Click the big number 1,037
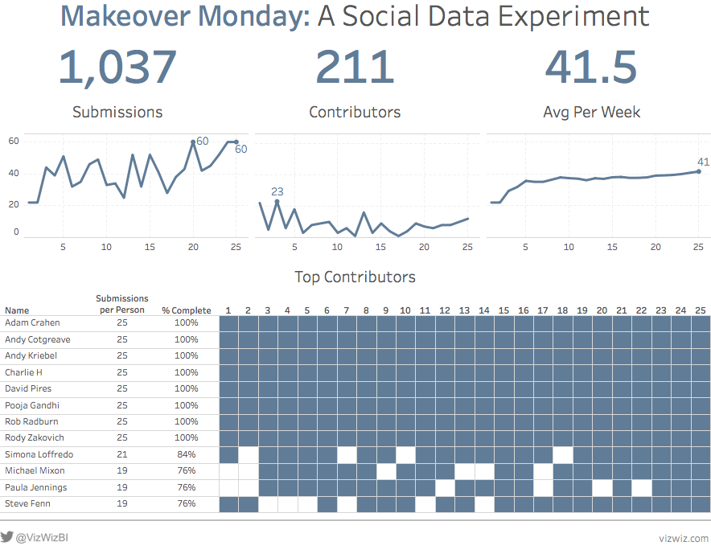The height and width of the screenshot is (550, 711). click(117, 68)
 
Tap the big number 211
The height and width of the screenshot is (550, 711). click(355, 68)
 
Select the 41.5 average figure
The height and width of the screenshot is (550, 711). click(591, 68)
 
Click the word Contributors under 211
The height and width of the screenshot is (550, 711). click(355, 113)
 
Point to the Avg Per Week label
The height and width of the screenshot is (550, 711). click(592, 113)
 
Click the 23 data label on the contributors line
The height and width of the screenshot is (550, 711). click(277, 192)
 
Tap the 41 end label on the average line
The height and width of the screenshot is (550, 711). click(703, 162)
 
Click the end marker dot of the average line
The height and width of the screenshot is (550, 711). click(698, 171)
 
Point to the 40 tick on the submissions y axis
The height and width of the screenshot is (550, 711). click(14, 174)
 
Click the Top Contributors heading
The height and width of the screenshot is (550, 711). click(355, 277)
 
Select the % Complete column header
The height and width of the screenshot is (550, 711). click(187, 310)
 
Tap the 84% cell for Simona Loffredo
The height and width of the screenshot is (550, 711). click(187, 454)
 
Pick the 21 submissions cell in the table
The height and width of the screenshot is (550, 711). click(122, 454)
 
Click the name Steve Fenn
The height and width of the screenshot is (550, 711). click(27, 504)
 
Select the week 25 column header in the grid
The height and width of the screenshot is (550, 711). click(701, 310)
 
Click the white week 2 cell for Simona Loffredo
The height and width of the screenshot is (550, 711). click(249, 455)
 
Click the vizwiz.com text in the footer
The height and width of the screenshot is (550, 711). click(684, 538)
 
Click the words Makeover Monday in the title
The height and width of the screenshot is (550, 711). click(185, 16)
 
